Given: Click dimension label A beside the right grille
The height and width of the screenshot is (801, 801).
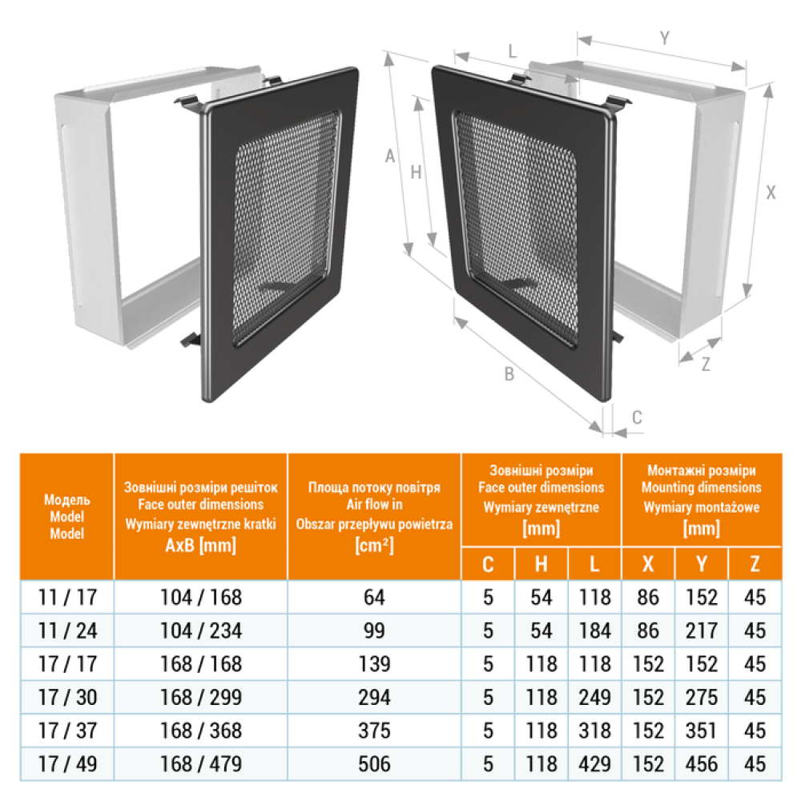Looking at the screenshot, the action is pyautogui.click(x=390, y=156).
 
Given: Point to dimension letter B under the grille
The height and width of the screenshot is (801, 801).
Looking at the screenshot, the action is pyautogui.click(x=509, y=374).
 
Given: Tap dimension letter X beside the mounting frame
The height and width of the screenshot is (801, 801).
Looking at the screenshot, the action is pyautogui.click(x=771, y=192).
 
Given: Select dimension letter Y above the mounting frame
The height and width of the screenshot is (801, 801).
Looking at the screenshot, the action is pyautogui.click(x=664, y=38).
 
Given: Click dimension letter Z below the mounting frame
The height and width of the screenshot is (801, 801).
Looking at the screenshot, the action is pyautogui.click(x=706, y=364).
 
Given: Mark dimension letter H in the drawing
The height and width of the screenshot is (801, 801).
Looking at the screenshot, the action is pyautogui.click(x=416, y=173).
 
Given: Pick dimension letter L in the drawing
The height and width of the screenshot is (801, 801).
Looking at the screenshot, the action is pyautogui.click(x=513, y=51).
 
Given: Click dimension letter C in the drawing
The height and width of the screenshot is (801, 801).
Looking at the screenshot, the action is pyautogui.click(x=637, y=417).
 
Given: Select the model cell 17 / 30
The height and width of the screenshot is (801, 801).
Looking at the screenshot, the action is pyautogui.click(x=67, y=698).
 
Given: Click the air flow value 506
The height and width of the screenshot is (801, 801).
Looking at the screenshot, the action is pyautogui.click(x=374, y=764).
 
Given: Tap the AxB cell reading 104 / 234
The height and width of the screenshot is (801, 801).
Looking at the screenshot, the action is pyautogui.click(x=201, y=631).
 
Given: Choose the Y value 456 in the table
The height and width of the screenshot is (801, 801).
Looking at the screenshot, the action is pyautogui.click(x=702, y=764).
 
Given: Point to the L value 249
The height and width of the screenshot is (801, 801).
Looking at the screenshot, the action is pyautogui.click(x=594, y=698).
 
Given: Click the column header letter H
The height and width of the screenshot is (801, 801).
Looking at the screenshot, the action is pyautogui.click(x=541, y=564).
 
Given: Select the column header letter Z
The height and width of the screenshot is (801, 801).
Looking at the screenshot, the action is pyautogui.click(x=755, y=564).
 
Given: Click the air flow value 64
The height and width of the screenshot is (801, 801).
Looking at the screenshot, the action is pyautogui.click(x=374, y=598).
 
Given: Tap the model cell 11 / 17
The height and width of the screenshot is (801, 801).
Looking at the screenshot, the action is pyautogui.click(x=67, y=598).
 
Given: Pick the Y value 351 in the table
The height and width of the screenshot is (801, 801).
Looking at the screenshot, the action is pyautogui.click(x=702, y=731).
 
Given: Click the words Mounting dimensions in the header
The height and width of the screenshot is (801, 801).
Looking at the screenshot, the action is pyautogui.click(x=702, y=487).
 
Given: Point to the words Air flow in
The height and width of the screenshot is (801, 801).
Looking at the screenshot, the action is pyautogui.click(x=374, y=505).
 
